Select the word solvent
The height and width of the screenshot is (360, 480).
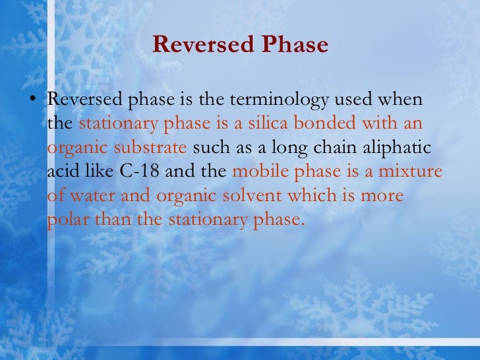point(245,196)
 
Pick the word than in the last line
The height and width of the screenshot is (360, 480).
point(113,220)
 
